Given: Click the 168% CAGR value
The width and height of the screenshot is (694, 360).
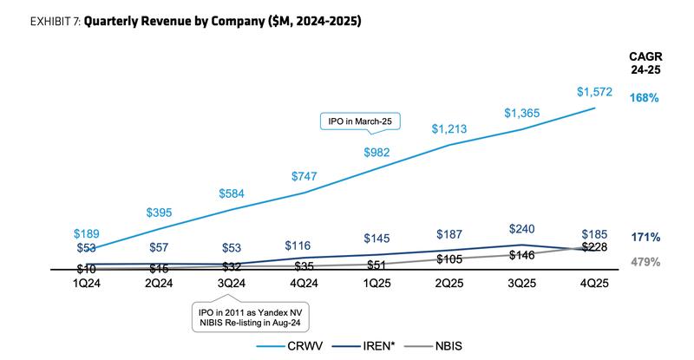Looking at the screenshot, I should [x=645, y=98].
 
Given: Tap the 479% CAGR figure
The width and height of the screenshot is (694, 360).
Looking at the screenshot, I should [x=645, y=261].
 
